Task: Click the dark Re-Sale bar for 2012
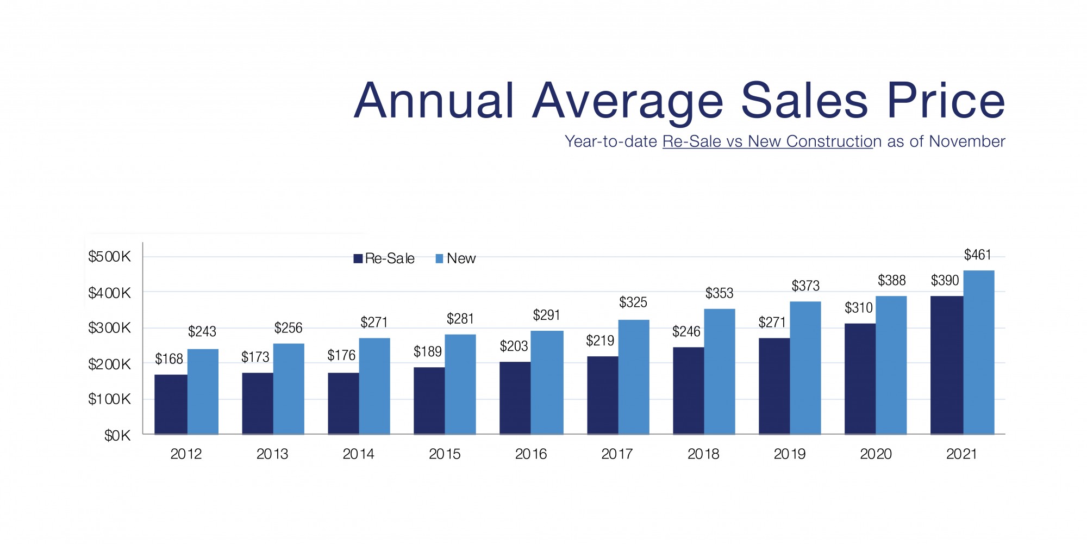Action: (171, 404)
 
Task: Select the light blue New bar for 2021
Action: (978, 352)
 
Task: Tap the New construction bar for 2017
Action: (633, 377)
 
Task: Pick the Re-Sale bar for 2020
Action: (860, 379)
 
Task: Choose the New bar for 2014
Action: (374, 386)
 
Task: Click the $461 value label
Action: (977, 255)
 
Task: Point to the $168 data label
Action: (169, 359)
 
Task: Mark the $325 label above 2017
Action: (633, 302)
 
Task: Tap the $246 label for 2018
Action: (686, 332)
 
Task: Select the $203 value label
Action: (514, 347)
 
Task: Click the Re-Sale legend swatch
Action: (358, 259)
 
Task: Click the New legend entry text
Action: (461, 259)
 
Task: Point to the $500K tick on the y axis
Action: (109, 257)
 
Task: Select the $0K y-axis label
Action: (117, 436)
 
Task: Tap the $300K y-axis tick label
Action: (109, 328)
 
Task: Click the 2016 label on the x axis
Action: (530, 454)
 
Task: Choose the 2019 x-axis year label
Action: (789, 454)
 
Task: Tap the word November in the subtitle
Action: (967, 141)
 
